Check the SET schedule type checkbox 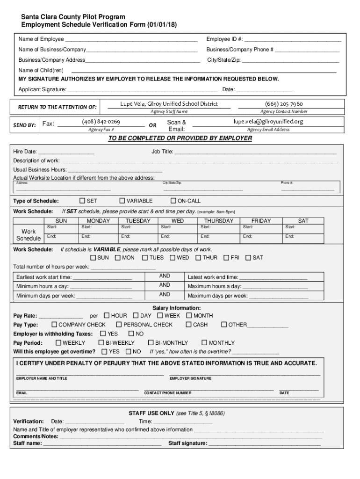pyautogui.click(x=83, y=201)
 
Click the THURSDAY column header pyautogui.click(x=218, y=221)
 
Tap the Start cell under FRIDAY pyautogui.click(x=261, y=227)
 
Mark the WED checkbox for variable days pyautogui.click(x=173, y=257)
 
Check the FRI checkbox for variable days pyautogui.click(x=226, y=257)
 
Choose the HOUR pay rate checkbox pyautogui.click(x=107, y=315)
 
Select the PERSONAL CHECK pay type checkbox pyautogui.click(x=119, y=324)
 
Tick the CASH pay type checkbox pyautogui.click(x=189, y=324)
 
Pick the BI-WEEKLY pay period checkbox pyautogui.click(x=102, y=342)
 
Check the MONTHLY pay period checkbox pyautogui.click(x=204, y=342)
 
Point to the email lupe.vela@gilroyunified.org pyautogui.click(x=268, y=122)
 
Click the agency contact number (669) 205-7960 pyautogui.click(x=284, y=104)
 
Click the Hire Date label pyautogui.click(x=25, y=152)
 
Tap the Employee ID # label pyautogui.click(x=224, y=39)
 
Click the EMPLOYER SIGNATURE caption pyautogui.click(x=190, y=378)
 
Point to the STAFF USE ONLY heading pyautogui.click(x=151, y=414)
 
